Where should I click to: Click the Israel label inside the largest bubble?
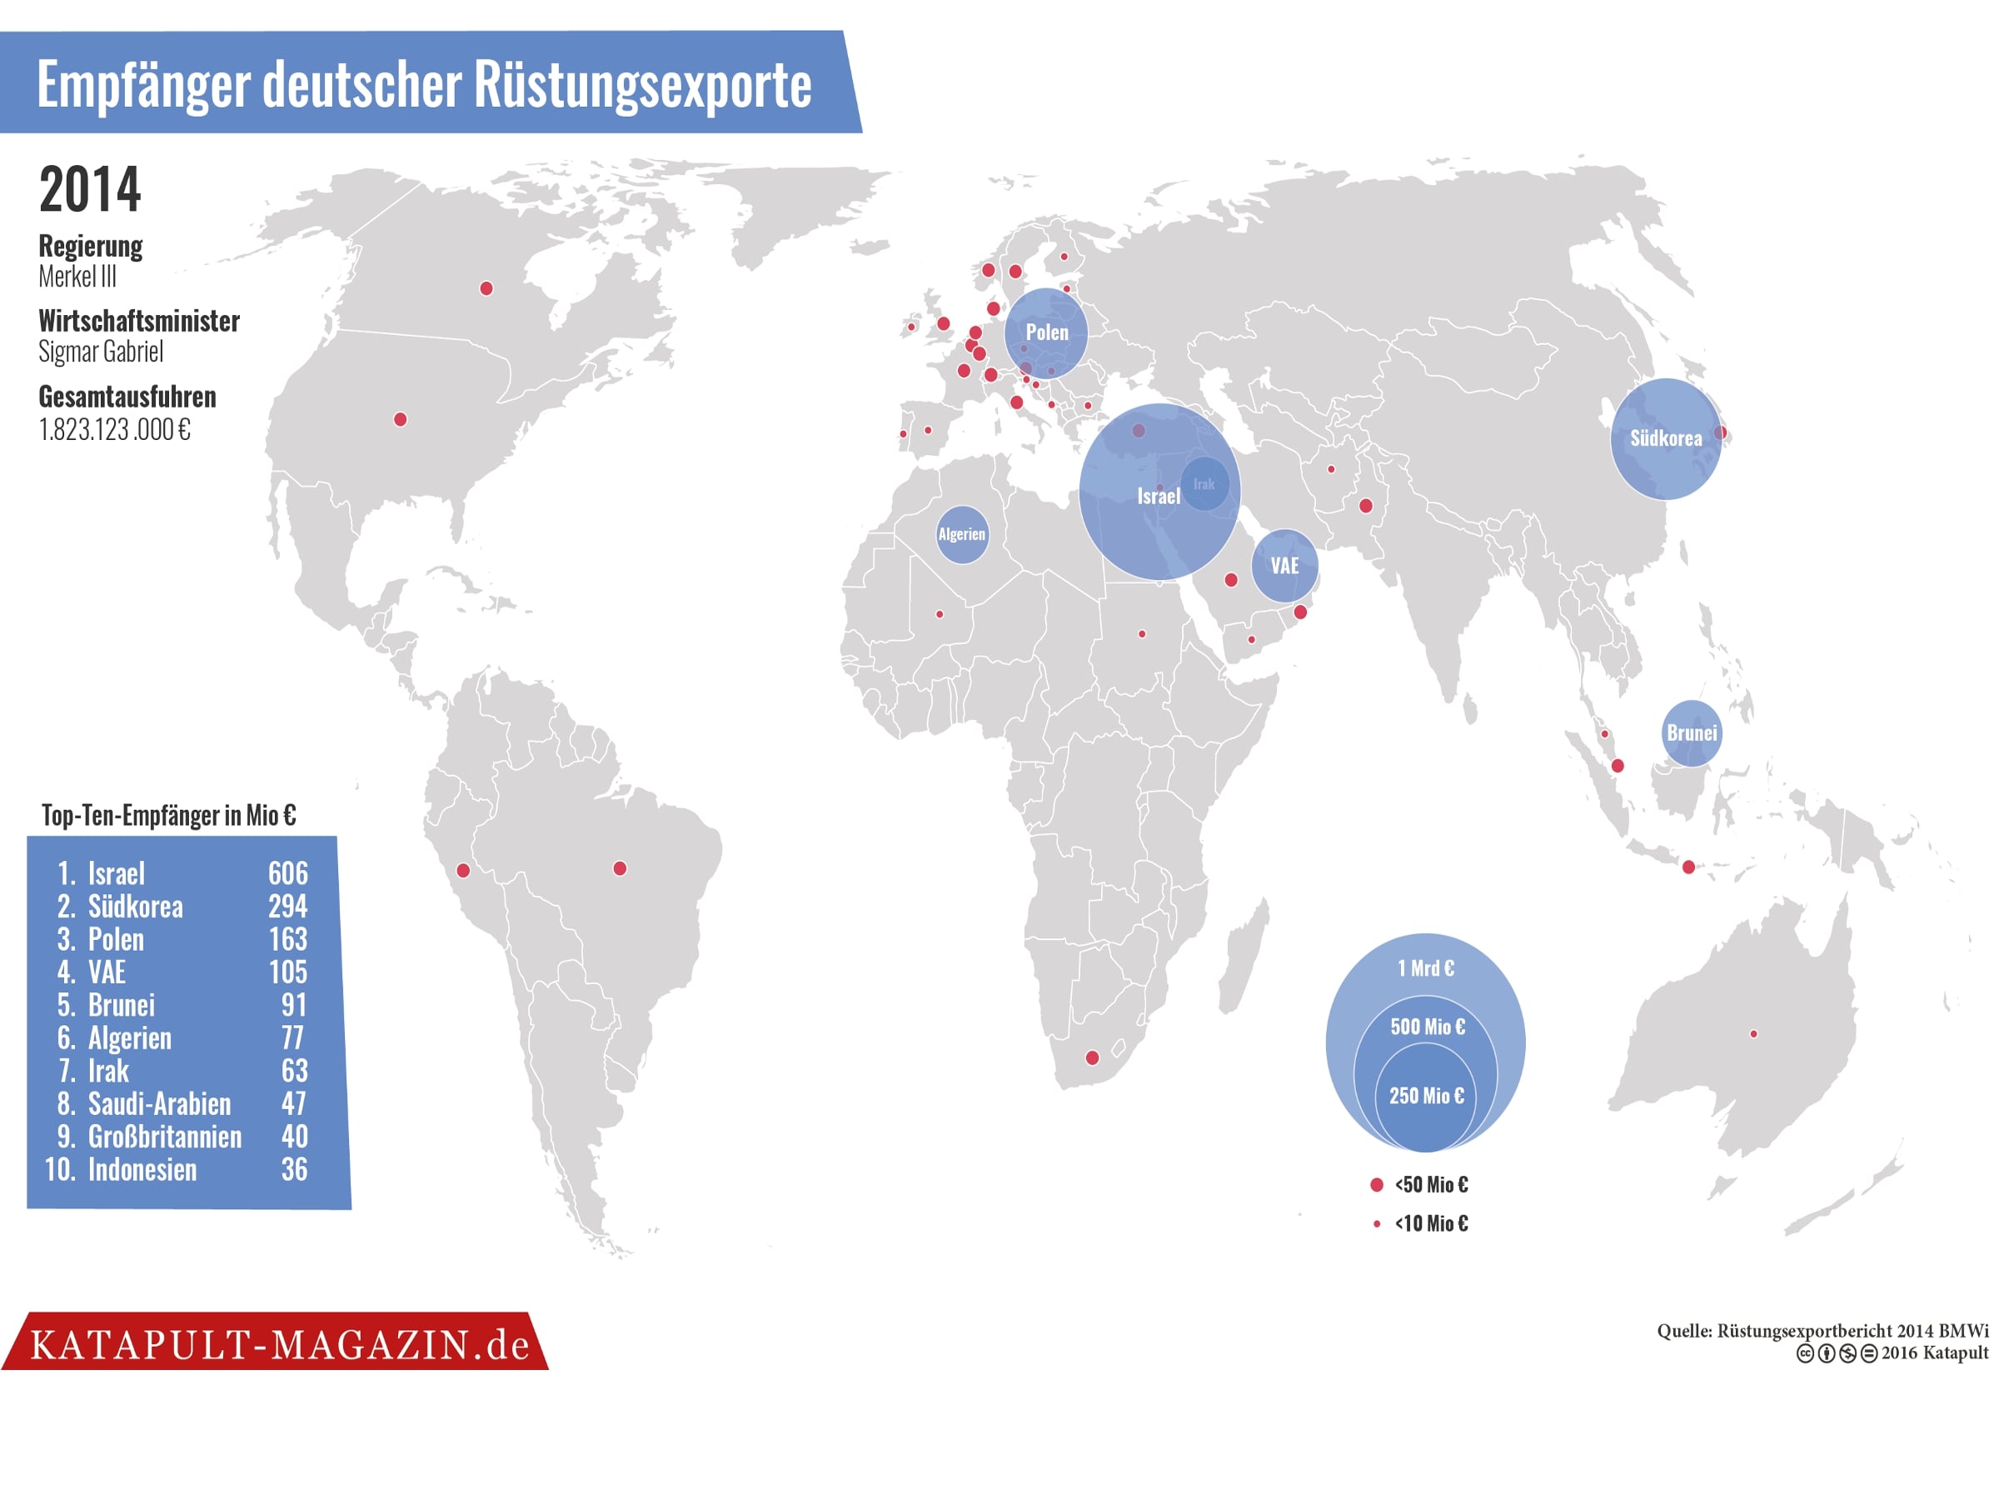pos(1158,497)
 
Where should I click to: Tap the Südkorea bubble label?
pos(1666,438)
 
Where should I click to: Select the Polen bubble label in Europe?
pos(1046,332)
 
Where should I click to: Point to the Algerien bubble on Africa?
pos(961,534)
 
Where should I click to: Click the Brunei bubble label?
pos(1692,733)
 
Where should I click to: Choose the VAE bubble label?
pos(1284,566)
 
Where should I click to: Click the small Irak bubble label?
pos(1204,485)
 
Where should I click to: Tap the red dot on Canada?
pos(486,288)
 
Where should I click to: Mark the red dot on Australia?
pos(1753,1033)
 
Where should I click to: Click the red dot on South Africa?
pos(1092,1057)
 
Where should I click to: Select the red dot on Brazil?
pos(620,868)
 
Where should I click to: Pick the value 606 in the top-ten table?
pos(287,873)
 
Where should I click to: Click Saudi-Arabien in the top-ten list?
pos(159,1104)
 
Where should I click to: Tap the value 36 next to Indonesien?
pos(294,1170)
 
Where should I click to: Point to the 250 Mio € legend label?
pos(1426,1096)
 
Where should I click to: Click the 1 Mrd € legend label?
pos(1426,968)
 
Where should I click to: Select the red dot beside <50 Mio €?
pos(1376,1184)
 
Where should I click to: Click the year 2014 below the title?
pos(90,190)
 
